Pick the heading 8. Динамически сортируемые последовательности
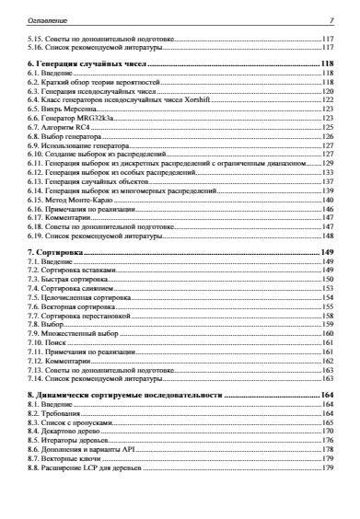pyautogui.click(x=125, y=393)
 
